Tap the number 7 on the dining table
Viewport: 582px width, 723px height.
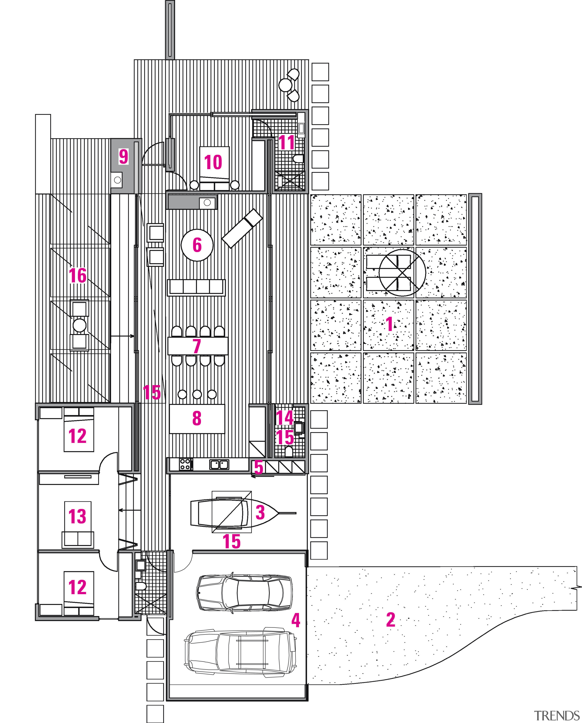tap(197, 346)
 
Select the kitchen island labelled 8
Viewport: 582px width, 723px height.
tap(197, 419)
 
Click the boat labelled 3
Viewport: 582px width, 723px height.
tap(235, 513)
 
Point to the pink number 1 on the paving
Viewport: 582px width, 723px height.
tap(389, 324)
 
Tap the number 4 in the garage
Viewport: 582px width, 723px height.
tap(295, 620)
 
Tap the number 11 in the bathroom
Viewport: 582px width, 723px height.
tap(287, 143)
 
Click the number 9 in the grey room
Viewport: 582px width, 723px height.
tap(123, 157)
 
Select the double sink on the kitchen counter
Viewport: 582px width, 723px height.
tap(220, 465)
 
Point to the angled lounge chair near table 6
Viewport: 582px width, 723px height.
tap(242, 228)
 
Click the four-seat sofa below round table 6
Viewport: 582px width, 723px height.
tap(196, 287)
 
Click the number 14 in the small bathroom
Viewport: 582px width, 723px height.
tap(285, 418)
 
